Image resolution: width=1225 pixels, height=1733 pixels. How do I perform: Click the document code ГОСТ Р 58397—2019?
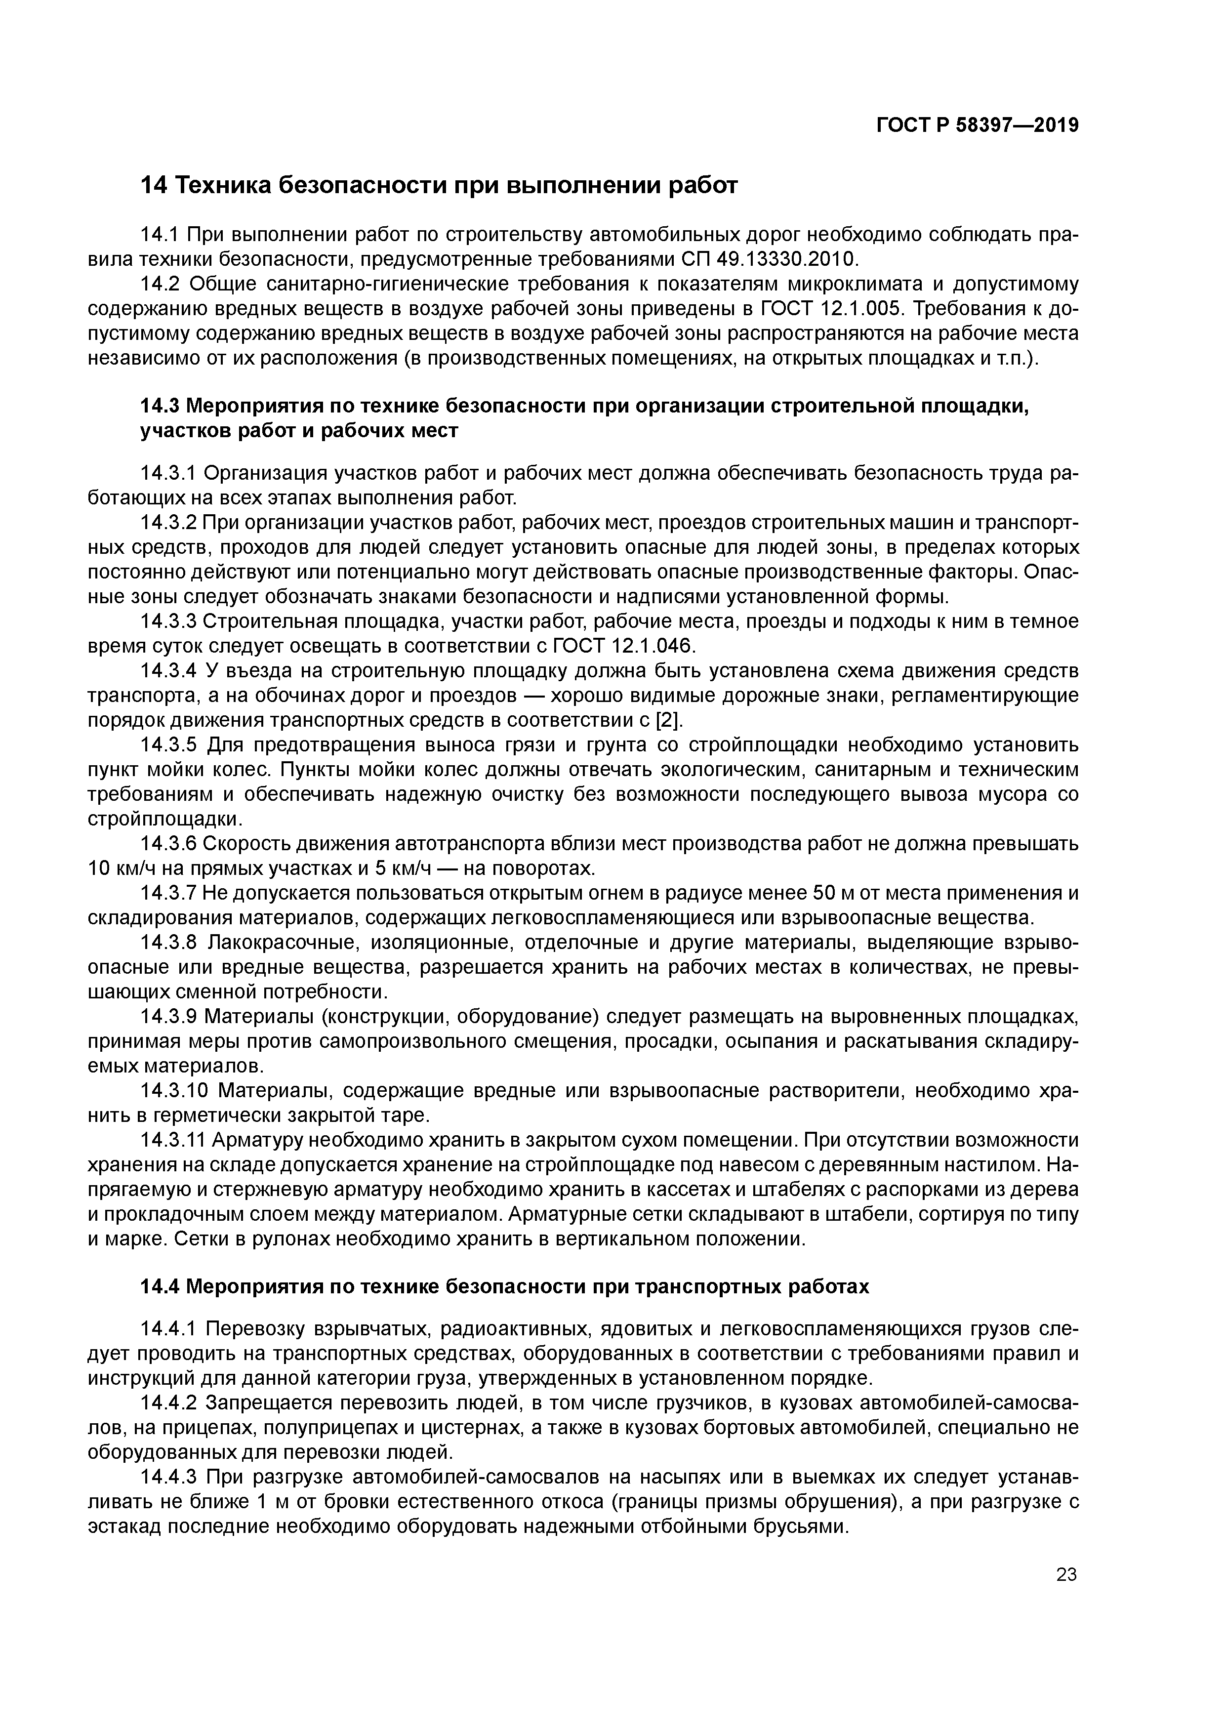pos(978,125)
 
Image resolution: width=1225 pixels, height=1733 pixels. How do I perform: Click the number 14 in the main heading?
pos(153,185)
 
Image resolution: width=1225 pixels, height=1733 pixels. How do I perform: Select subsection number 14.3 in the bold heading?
pos(160,406)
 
